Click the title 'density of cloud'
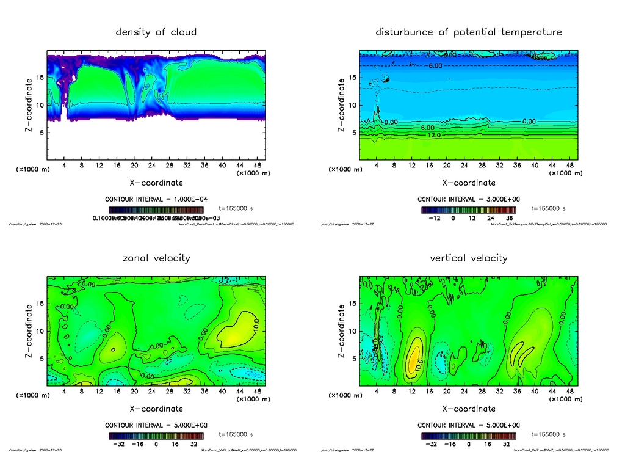click(156, 32)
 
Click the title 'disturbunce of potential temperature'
click(469, 32)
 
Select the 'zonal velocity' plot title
click(156, 258)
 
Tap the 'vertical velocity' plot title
click(469, 258)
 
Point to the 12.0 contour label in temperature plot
click(434, 135)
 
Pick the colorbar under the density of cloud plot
click(156, 210)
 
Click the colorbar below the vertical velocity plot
click(469, 436)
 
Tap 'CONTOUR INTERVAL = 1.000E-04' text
click(156, 200)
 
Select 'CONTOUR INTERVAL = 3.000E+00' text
click(469, 200)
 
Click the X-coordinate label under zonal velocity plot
click(156, 409)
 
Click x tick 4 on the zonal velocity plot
click(65, 391)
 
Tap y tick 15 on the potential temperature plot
click(352, 78)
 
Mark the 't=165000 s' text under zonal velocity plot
click(236, 434)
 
